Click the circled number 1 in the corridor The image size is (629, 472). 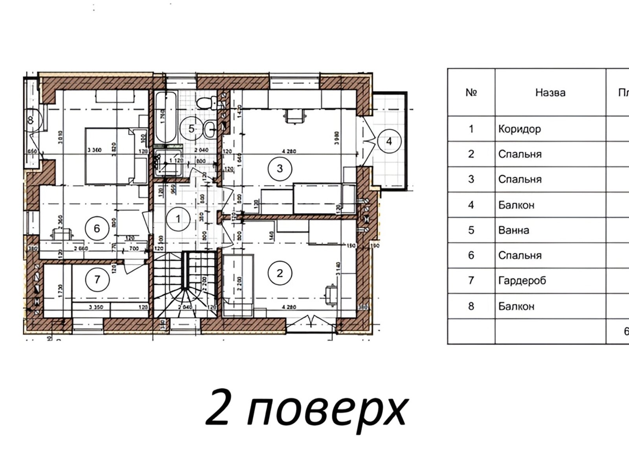tap(178, 219)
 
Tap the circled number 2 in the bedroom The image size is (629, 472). tap(280, 273)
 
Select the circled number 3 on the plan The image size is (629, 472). tap(280, 168)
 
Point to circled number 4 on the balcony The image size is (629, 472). tap(389, 141)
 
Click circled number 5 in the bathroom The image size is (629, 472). tap(191, 128)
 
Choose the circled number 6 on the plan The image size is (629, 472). tap(97, 228)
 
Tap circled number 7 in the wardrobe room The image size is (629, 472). tap(97, 279)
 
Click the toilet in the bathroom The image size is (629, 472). tap(204, 103)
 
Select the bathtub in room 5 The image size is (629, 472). tap(165, 117)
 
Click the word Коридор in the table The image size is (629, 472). tap(519, 129)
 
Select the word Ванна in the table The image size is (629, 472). tap(513, 230)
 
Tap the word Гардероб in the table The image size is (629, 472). tap(522, 281)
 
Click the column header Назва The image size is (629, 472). tap(550, 93)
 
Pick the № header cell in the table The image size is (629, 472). tap(471, 93)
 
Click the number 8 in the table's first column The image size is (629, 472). tap(471, 306)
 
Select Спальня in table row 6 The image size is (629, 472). tap(520, 256)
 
